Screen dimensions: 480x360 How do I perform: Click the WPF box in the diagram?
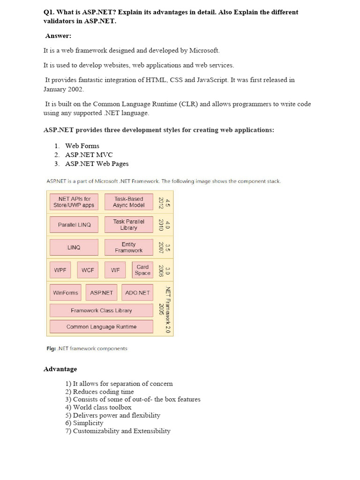coord(60,270)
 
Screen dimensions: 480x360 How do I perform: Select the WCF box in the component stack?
coord(88,270)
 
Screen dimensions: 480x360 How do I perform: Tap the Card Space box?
coord(142,270)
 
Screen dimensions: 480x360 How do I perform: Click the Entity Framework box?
coord(128,247)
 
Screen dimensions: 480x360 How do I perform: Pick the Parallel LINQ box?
coord(74,225)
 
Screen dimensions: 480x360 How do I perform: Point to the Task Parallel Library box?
coord(128,225)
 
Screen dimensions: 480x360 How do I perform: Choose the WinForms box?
coord(66,292)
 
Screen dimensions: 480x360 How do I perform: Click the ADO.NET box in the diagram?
coord(137,292)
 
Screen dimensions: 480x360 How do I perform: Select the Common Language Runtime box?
coord(101,327)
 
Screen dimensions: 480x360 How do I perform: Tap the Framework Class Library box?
coord(101,310)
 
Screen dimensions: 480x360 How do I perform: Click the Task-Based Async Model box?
coord(128,202)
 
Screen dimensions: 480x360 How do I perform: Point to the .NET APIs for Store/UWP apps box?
coord(74,202)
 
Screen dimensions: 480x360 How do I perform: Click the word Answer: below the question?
coord(58,36)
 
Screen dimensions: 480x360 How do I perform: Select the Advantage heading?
coord(60,369)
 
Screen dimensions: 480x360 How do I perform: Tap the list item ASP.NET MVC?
coord(89,155)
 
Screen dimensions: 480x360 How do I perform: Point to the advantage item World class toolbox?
coord(102,407)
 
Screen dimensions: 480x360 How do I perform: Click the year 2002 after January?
coord(76,89)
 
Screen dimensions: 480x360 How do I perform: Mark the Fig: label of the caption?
coord(50,348)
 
